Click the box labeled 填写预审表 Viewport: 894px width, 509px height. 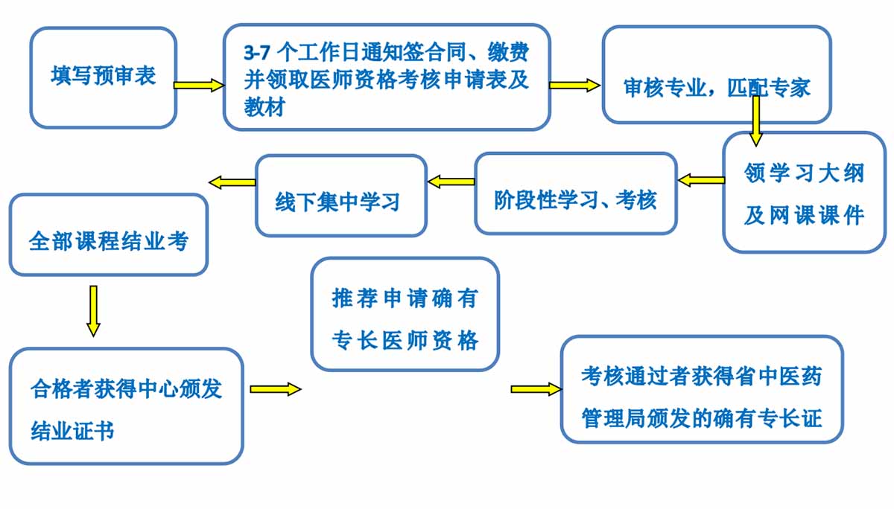tap(104, 77)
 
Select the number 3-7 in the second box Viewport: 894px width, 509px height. tap(257, 53)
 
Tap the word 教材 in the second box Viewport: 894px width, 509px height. tap(264, 107)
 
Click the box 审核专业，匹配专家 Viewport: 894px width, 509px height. tap(717, 74)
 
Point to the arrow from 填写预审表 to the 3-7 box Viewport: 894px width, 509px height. tap(199, 86)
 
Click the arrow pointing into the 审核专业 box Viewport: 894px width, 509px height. tap(574, 86)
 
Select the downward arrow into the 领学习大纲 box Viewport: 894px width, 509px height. tap(755, 121)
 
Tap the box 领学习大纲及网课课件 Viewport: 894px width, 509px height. tap(804, 193)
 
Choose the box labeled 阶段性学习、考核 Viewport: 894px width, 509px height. tap(576, 193)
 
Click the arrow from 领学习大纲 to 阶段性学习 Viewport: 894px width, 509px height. tap(701, 180)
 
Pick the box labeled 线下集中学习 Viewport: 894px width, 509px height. tap(341, 196)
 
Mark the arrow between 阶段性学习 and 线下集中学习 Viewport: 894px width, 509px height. tap(451, 182)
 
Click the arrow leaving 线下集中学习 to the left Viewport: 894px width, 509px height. tap(232, 182)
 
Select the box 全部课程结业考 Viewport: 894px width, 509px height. tap(109, 234)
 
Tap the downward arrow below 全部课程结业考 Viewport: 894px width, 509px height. tap(93, 311)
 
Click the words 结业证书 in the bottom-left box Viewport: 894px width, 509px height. tap(72, 430)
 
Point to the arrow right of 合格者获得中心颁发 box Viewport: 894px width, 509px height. tap(276, 389)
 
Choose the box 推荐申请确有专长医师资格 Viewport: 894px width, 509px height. tap(405, 315)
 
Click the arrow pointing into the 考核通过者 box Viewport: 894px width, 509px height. tap(536, 389)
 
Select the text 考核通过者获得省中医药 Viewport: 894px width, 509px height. tap(701, 376)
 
